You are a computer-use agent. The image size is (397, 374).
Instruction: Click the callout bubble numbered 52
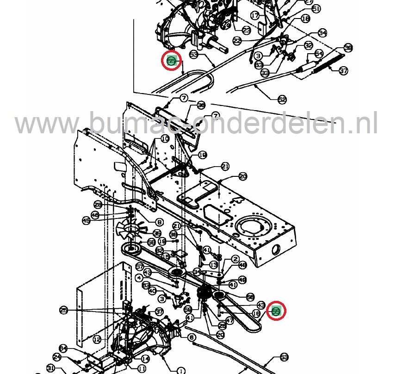click(x=282, y=99)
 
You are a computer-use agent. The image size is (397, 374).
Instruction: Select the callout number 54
click(x=319, y=54)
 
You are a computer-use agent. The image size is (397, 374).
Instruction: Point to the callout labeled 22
click(x=237, y=41)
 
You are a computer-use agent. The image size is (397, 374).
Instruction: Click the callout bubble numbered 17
click(x=255, y=16)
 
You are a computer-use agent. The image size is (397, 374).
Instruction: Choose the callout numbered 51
click(x=316, y=9)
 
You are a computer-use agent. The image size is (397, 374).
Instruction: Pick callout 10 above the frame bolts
click(x=165, y=139)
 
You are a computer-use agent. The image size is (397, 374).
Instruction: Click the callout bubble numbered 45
click(x=86, y=221)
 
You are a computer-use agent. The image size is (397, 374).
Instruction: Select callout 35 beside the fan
click(x=157, y=233)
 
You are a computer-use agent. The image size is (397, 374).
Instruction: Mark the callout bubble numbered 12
click(x=97, y=339)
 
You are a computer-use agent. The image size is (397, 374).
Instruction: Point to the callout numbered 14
click(x=145, y=359)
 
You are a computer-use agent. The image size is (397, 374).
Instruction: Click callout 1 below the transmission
click(x=180, y=370)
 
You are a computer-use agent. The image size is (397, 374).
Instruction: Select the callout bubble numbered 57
click(x=139, y=267)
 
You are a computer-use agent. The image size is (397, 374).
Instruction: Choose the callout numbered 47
click(x=229, y=320)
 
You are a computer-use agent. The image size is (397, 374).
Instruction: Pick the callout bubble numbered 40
click(x=152, y=291)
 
